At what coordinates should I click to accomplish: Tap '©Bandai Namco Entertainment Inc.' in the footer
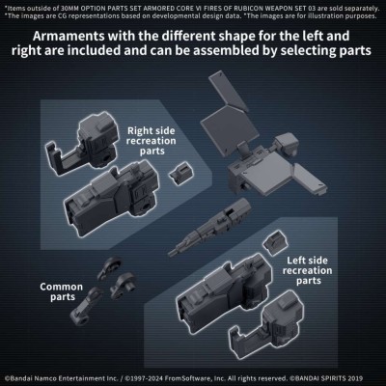click(54, 377)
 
